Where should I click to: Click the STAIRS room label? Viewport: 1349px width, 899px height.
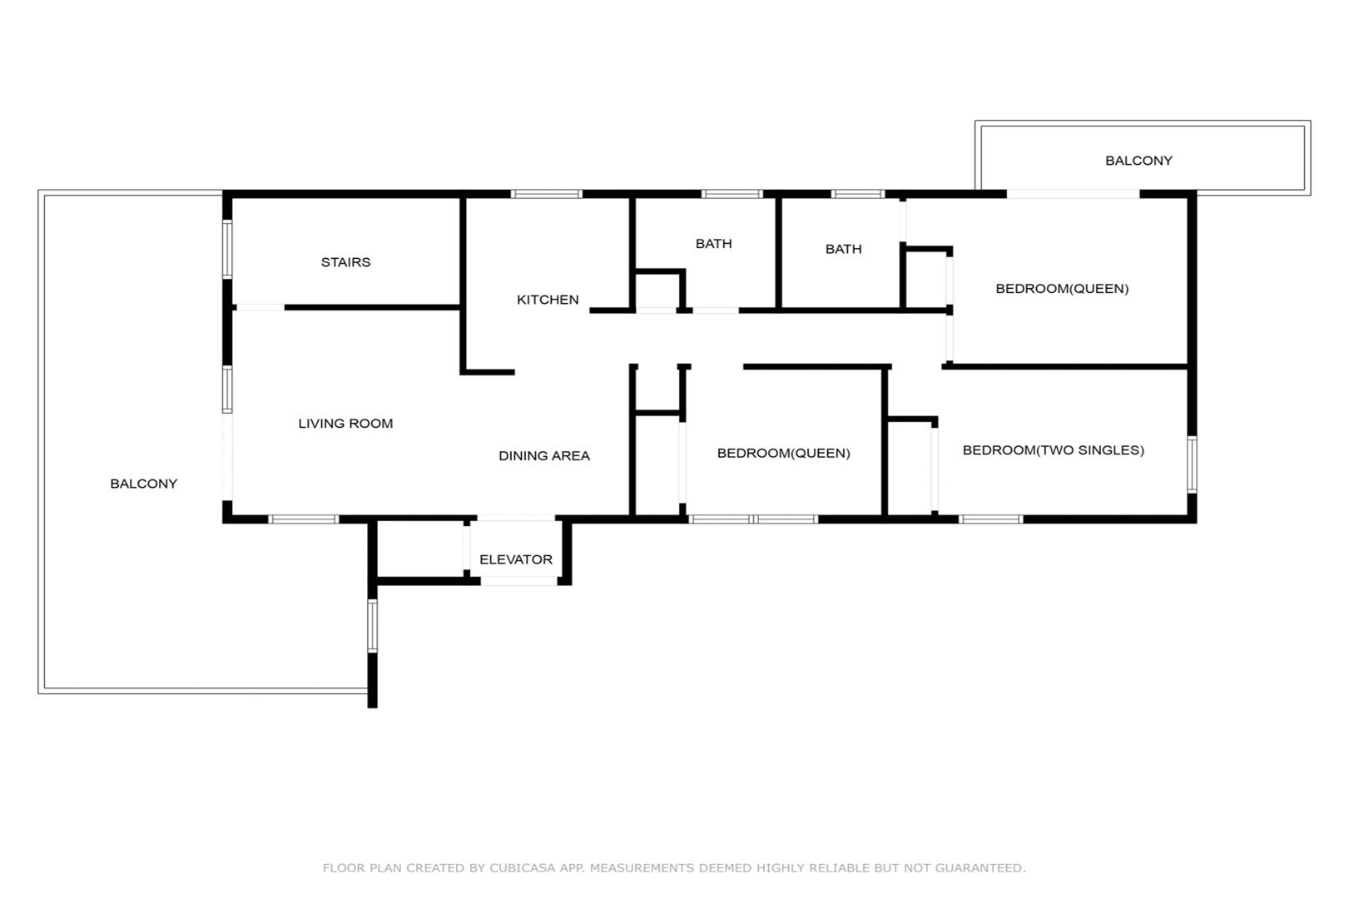345,262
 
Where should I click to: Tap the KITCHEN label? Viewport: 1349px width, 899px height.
548,300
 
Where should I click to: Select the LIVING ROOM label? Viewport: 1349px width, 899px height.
345,424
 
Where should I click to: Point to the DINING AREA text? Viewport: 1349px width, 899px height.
543,455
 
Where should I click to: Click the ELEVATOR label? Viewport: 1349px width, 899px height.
515,559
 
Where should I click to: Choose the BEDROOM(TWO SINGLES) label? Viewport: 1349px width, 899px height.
1054,450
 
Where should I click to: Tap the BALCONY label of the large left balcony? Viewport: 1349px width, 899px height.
143,484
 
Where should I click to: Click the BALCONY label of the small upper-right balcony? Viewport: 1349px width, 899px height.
1138,161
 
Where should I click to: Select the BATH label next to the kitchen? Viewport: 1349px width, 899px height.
714,243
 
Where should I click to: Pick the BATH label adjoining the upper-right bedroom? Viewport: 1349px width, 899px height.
843,249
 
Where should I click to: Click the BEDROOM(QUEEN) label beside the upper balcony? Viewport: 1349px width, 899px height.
1062,289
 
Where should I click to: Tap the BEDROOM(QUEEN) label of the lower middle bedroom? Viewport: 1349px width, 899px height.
783,453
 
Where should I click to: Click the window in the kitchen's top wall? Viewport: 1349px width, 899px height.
546,194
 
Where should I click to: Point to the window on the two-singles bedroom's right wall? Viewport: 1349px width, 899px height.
1192,464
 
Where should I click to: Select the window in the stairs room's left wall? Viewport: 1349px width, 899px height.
227,249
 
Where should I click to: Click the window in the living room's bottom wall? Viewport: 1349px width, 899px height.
304,519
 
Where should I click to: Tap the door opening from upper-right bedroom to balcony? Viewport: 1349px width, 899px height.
1074,194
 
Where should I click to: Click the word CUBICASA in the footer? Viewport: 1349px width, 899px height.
523,867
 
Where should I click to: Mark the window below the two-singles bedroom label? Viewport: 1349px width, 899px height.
990,519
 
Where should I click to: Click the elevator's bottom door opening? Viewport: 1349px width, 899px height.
518,581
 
